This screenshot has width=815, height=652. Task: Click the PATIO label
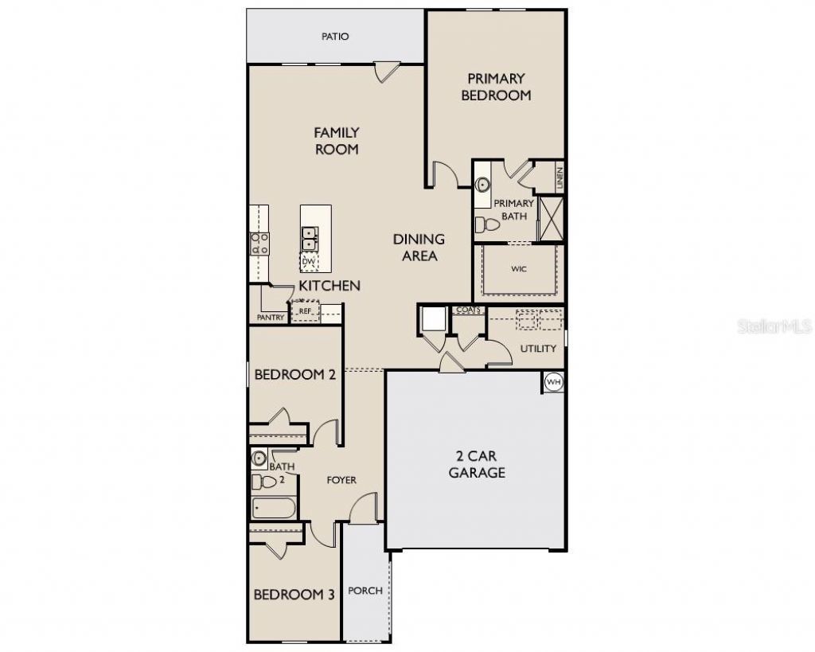point(335,37)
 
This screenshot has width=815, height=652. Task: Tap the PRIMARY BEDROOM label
point(496,87)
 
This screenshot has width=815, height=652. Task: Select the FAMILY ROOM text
point(337,141)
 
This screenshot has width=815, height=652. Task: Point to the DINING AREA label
point(419,248)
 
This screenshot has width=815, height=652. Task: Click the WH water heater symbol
point(554,382)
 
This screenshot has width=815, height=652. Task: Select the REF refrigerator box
point(305,311)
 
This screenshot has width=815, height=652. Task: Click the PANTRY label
point(271,317)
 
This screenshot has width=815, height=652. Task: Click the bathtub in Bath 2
point(274,507)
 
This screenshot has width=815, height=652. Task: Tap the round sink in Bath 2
point(259,458)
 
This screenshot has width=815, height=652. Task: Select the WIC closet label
point(519,269)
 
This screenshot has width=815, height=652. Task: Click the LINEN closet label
point(560,177)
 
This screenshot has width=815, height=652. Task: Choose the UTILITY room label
point(538,349)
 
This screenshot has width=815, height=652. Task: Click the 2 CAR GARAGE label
point(477,464)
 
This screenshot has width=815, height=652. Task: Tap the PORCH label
point(365,591)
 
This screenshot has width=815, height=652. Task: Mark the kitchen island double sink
point(310,239)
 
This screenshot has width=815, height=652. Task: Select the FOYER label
point(341,480)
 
